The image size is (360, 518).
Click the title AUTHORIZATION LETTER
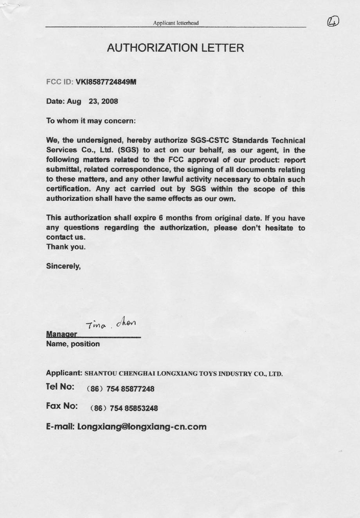[x=175, y=48]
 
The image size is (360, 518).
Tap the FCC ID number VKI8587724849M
[x=106, y=82]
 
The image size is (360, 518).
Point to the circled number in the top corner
[x=333, y=22]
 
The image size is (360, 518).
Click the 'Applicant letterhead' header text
[x=176, y=23]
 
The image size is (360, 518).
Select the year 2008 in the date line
[x=110, y=101]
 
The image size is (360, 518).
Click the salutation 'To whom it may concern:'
[x=91, y=121]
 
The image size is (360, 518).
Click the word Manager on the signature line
[x=61, y=334]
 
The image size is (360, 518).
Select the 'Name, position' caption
[x=73, y=344]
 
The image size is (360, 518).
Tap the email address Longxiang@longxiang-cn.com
[x=142, y=427]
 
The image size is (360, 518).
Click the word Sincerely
[x=63, y=266]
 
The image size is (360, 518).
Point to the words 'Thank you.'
[x=66, y=247]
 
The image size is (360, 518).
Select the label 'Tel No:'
[x=60, y=387]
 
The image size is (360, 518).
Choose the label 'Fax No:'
[x=61, y=406]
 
